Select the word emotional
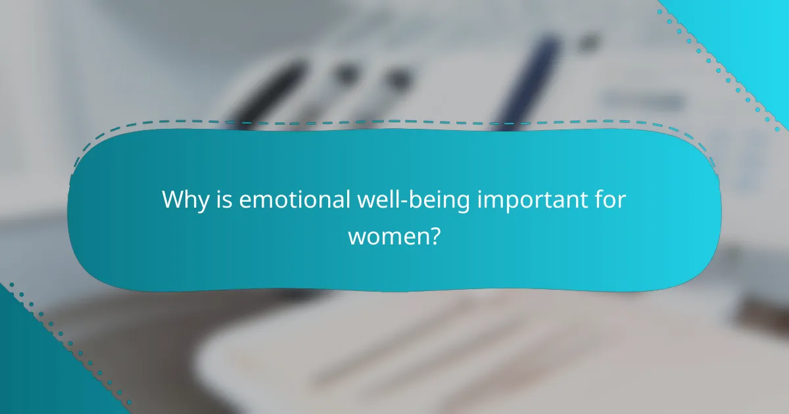pyautogui.click(x=294, y=200)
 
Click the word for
pyautogui.click(x=609, y=200)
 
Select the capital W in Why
pyautogui.click(x=172, y=200)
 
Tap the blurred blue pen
pyautogui.click(x=526, y=79)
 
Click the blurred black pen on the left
pyautogui.click(x=270, y=92)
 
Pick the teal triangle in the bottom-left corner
pyautogui.click(x=33, y=375)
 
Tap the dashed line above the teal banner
pyautogui.click(x=394, y=122)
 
